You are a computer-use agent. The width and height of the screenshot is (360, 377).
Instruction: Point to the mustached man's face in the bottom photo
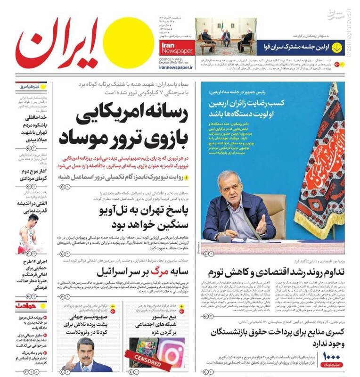click(85, 348)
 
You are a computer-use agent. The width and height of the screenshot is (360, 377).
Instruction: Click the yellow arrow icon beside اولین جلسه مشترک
click(337, 47)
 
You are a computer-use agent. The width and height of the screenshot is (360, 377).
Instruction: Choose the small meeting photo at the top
click(224, 34)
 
